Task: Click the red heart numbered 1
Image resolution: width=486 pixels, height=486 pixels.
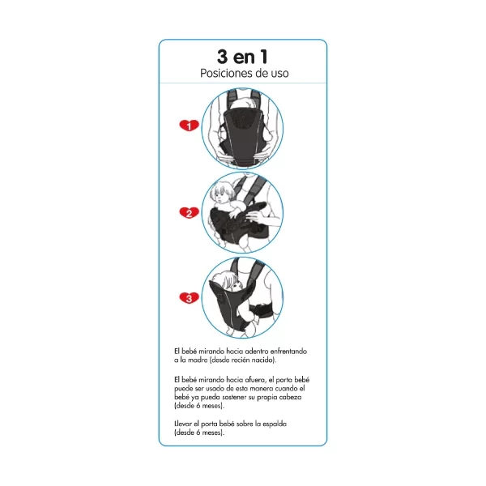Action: click(189, 126)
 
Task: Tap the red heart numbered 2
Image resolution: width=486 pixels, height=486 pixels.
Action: click(189, 212)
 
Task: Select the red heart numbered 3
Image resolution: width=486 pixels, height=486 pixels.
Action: click(189, 298)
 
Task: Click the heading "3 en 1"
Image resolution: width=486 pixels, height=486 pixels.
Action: click(242, 57)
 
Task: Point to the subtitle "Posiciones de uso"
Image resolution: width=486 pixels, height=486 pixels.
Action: click(245, 74)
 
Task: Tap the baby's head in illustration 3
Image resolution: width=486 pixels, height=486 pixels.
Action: click(227, 280)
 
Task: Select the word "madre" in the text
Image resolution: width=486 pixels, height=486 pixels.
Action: click(198, 360)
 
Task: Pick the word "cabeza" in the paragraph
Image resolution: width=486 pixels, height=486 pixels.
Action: click(290, 397)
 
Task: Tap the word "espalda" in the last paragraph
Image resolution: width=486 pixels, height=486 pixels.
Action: click(275, 424)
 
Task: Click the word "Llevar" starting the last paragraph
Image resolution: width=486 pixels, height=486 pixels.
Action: click(183, 424)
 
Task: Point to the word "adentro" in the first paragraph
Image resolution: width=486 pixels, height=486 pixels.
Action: click(257, 352)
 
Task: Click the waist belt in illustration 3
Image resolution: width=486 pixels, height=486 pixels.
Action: click(260, 311)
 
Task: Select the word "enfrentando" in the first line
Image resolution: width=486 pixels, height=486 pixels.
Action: click(288, 352)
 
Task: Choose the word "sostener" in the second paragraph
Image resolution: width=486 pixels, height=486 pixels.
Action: click(235, 397)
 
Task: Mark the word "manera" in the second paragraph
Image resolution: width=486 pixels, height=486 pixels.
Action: click(262, 388)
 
